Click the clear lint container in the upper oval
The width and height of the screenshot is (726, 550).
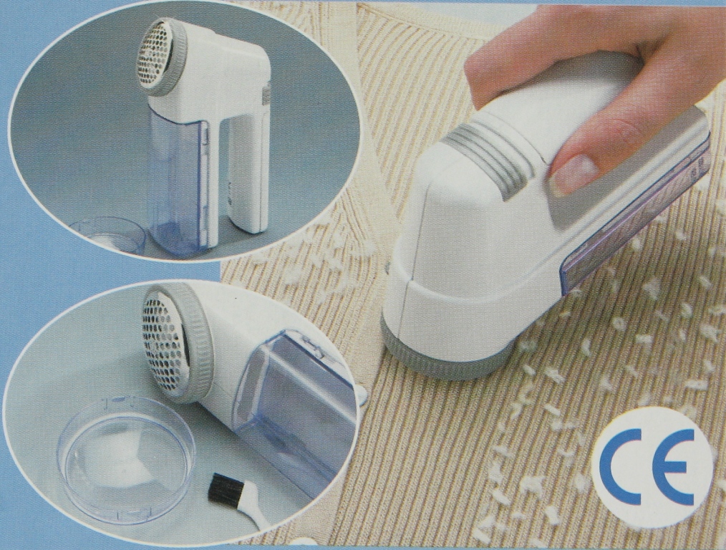pos(178,182)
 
